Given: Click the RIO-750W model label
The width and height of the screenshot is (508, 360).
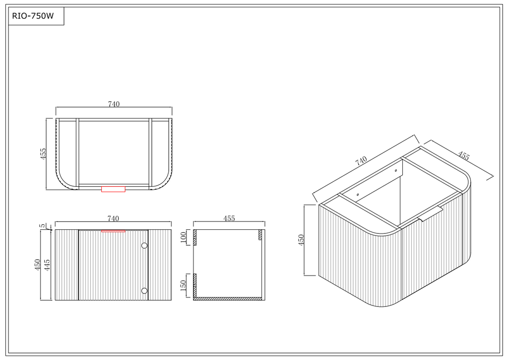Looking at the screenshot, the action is click(33, 16).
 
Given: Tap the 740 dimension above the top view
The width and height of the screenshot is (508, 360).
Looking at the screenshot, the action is click(114, 104).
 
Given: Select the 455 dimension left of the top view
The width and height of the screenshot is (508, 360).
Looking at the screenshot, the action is click(43, 153).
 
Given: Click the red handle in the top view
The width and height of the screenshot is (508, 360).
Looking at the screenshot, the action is click(114, 189).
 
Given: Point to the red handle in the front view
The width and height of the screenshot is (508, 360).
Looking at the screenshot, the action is click(114, 231).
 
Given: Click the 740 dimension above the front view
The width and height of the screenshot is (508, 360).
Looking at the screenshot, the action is click(113, 219).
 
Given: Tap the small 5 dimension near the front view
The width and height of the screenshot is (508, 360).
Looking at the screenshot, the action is click(43, 226).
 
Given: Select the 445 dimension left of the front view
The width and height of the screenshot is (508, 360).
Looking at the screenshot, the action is click(47, 265).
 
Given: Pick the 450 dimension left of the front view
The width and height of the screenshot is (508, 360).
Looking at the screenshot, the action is click(38, 265).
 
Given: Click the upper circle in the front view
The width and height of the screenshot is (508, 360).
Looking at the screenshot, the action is click(144, 246).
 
